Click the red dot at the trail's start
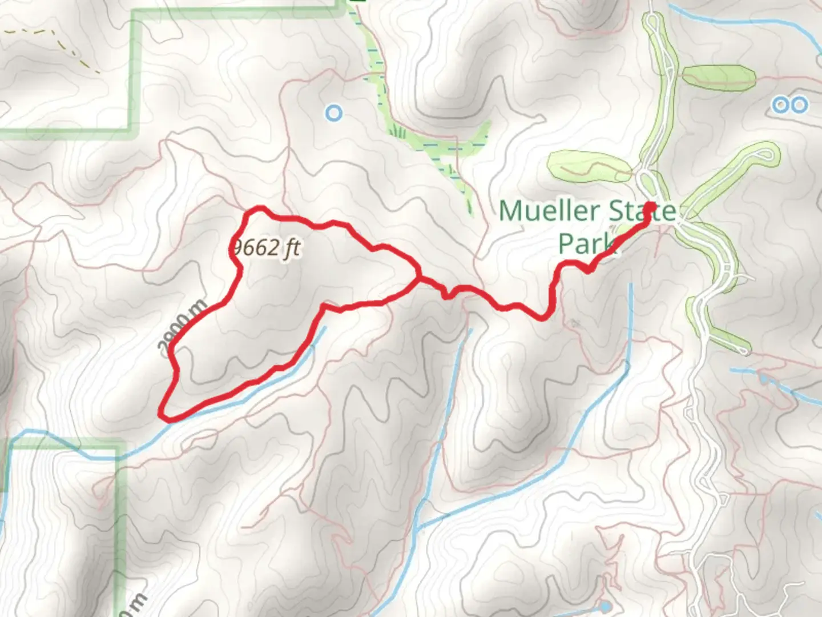pos(649,209)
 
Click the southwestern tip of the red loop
pos(164,415)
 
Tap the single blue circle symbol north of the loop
pos(334,113)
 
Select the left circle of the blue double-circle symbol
pos(780,105)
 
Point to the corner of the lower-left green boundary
pos(119,444)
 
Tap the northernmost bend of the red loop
pos(260,209)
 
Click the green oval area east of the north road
pos(719,77)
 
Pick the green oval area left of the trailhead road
pos(588,166)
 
